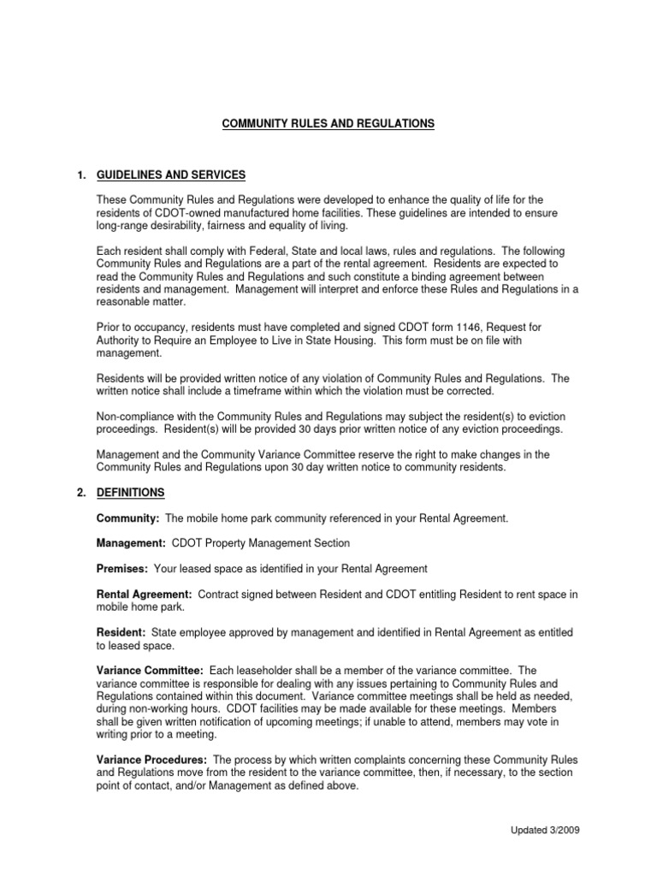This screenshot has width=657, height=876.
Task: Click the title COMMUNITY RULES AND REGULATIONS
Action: coord(328,124)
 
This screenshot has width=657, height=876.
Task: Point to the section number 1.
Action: coord(81,175)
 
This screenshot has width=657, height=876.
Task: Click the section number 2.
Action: coord(81,494)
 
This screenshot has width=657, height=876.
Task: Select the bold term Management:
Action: coord(132,543)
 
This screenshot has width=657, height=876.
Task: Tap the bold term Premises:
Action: coord(123,569)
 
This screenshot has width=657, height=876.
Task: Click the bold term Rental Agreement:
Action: coord(144,594)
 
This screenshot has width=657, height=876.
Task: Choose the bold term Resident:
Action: coord(121,632)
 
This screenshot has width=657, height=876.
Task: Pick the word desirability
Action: coord(184,225)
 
